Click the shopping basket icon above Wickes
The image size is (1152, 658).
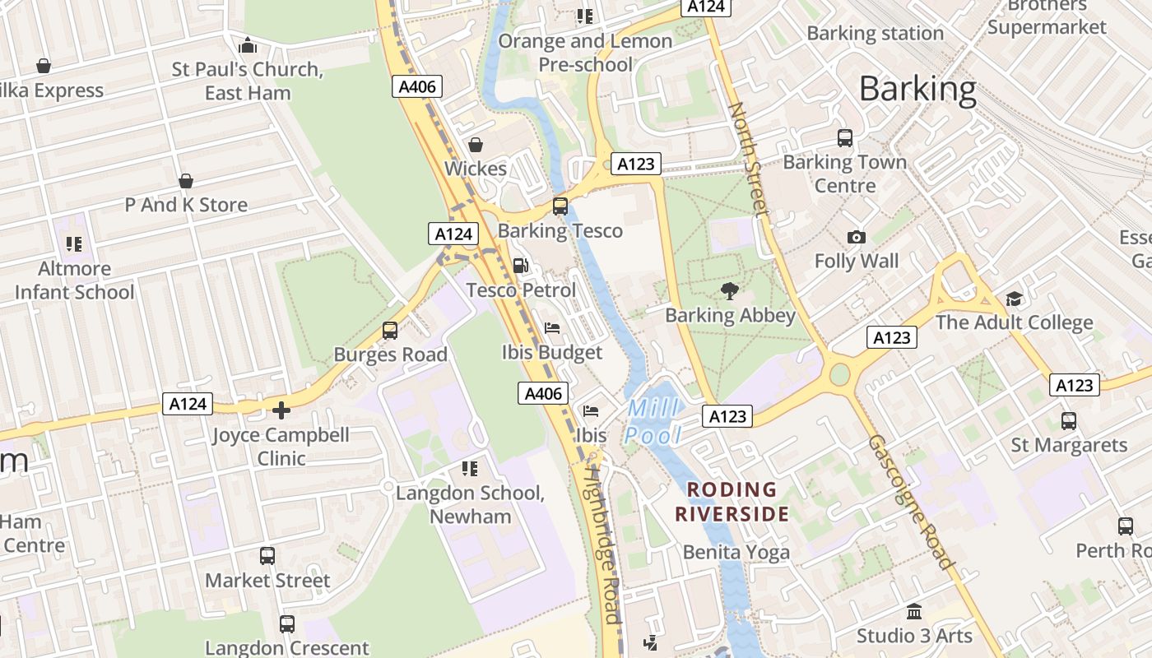[x=476, y=146]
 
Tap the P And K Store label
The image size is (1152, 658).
[x=186, y=204]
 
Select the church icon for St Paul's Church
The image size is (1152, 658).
[x=248, y=46]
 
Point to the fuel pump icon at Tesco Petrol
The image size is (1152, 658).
[x=521, y=266]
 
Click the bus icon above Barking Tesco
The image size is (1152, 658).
[x=560, y=206]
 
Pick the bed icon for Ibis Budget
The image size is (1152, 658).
[x=552, y=328]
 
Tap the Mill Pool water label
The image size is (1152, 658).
[x=654, y=421]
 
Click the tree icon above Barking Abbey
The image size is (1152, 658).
[x=730, y=290]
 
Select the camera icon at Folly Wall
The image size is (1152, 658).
[x=857, y=238]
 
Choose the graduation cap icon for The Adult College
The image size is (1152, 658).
[x=1014, y=299]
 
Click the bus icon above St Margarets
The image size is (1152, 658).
[x=1069, y=421]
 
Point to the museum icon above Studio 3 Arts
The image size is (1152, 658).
[x=914, y=612]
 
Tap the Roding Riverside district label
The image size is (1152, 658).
[x=732, y=502]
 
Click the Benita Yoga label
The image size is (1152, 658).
[x=736, y=552]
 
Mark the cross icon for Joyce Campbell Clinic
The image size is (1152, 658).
[x=281, y=410]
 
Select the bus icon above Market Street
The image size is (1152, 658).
[x=267, y=556]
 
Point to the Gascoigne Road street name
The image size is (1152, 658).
[x=911, y=502]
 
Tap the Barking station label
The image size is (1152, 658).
[x=875, y=34]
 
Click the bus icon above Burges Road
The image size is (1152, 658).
[x=390, y=331]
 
